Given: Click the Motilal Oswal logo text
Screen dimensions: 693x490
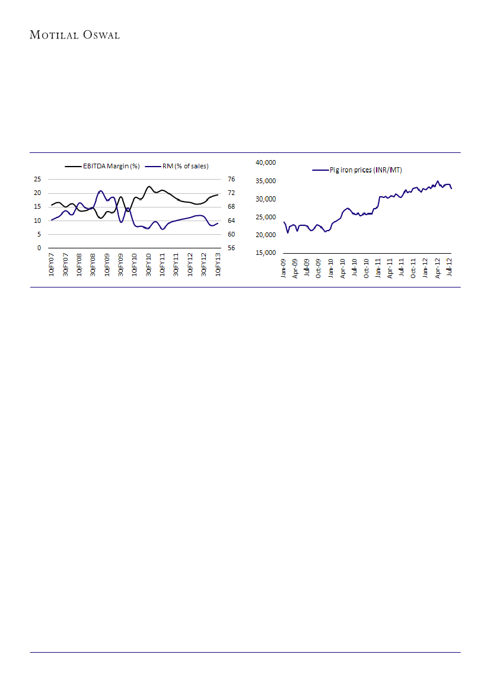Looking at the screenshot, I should [75, 35].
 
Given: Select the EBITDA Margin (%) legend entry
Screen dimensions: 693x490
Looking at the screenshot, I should [102, 166].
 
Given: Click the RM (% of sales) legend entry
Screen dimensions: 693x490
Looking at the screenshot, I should [185, 166].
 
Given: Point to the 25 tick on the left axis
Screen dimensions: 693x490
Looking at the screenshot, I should [37, 179].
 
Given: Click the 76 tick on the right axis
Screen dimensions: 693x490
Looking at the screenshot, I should [231, 179].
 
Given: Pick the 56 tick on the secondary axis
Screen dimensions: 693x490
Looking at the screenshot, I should [231, 248].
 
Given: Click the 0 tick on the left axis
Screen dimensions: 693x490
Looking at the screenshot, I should [39, 248].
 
